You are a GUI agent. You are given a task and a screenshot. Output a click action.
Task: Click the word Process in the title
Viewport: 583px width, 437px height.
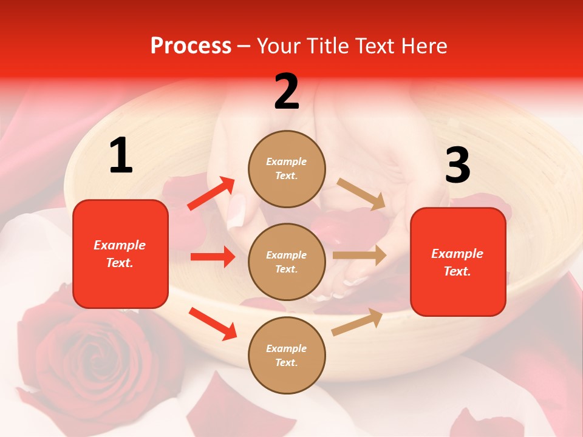click(x=191, y=46)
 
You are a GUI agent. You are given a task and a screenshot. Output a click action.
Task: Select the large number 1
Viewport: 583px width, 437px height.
click(x=121, y=156)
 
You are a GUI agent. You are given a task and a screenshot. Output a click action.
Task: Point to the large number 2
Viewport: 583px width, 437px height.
click(x=287, y=92)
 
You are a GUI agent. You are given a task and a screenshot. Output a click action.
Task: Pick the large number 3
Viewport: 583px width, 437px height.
click(x=457, y=165)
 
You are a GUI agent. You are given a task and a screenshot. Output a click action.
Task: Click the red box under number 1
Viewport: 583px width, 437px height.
click(x=120, y=254)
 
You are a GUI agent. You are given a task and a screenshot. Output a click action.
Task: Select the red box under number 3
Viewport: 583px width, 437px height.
click(x=458, y=262)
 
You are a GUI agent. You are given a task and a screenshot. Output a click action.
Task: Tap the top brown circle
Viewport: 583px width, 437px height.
click(x=287, y=169)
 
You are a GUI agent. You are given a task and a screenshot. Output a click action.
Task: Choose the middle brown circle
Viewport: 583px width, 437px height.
click(x=287, y=262)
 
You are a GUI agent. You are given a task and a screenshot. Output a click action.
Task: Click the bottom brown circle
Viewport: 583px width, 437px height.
click(x=287, y=355)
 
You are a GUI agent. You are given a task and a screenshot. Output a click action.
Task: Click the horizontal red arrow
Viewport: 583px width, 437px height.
click(x=213, y=257)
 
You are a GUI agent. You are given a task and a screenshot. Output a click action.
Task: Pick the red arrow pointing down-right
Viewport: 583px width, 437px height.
click(x=213, y=324)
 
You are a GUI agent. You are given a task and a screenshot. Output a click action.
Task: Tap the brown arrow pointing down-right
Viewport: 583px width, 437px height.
click(x=361, y=194)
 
